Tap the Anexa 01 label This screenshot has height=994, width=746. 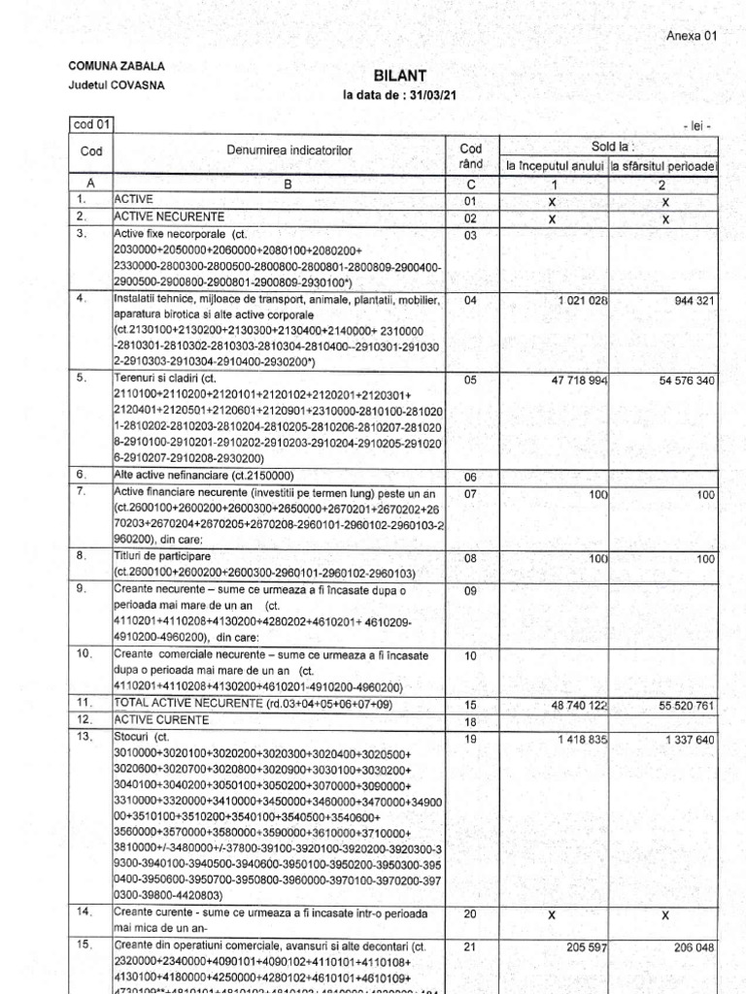(x=691, y=36)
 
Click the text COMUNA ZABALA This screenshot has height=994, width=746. (x=116, y=66)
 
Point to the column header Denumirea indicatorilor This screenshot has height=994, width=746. (x=289, y=150)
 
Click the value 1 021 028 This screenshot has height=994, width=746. (x=582, y=301)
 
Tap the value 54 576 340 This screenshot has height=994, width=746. (x=686, y=381)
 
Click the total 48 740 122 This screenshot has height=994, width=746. (x=578, y=702)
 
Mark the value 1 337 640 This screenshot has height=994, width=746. (x=690, y=740)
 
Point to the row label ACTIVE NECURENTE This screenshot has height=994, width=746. (x=170, y=215)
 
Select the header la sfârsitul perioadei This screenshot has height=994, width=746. (x=663, y=165)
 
